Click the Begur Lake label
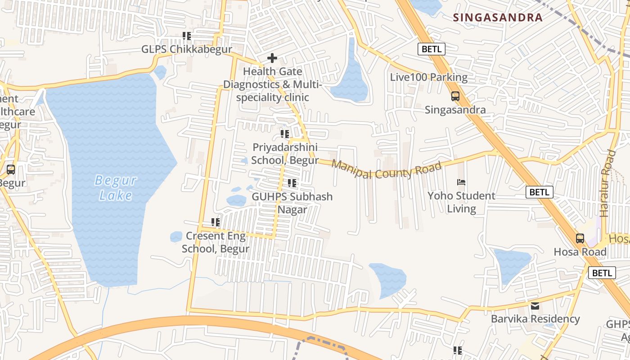[116, 188]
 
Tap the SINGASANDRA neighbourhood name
[497, 18]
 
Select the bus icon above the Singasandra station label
[455, 96]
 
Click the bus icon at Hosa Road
[580, 238]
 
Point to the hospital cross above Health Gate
[272, 58]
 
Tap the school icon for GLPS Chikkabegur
[186, 36]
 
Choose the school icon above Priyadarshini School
[285, 134]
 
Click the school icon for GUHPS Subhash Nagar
[292, 183]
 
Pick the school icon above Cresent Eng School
[216, 222]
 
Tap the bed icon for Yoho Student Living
[461, 182]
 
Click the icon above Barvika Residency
[535, 306]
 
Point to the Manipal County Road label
[386, 170]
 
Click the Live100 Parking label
[429, 77]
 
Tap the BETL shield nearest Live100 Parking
[432, 49]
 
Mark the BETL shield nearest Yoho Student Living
[539, 192]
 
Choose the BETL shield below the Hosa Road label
[602, 273]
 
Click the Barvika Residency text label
[535, 319]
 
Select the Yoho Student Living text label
[461, 202]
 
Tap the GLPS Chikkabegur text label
[187, 49]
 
